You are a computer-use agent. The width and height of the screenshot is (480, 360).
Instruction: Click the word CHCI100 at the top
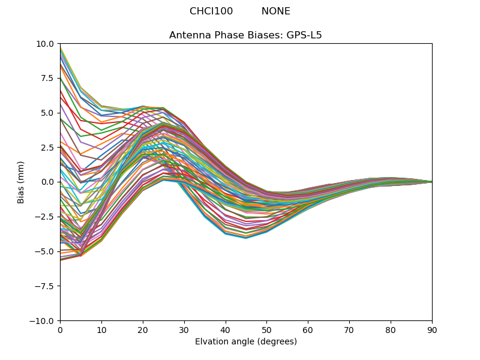click(x=211, y=11)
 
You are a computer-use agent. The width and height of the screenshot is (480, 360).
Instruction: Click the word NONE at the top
click(x=275, y=11)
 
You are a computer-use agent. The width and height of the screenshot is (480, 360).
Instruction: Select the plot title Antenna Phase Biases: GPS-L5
click(x=245, y=35)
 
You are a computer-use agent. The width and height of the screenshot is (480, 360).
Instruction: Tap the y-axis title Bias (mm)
click(x=20, y=182)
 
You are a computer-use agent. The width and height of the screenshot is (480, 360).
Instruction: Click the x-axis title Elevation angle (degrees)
click(x=246, y=341)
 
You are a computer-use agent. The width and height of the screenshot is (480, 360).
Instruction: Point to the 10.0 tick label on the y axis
click(x=44, y=44)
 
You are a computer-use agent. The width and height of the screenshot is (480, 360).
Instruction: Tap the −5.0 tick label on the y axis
click(x=45, y=251)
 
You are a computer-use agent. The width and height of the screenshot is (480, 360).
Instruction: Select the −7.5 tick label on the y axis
click(x=45, y=286)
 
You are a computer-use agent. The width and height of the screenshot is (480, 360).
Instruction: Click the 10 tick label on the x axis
click(x=101, y=331)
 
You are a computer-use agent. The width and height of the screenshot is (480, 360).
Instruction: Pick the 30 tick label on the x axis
click(x=184, y=331)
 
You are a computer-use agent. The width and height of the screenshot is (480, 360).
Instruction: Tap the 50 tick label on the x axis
click(x=266, y=331)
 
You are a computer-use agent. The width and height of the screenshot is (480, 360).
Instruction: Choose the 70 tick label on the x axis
click(x=349, y=331)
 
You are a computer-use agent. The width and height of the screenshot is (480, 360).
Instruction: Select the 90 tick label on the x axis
click(x=432, y=331)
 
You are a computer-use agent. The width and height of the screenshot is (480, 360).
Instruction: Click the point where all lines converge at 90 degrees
click(x=432, y=182)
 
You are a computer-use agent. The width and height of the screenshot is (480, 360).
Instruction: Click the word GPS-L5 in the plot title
click(x=304, y=35)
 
